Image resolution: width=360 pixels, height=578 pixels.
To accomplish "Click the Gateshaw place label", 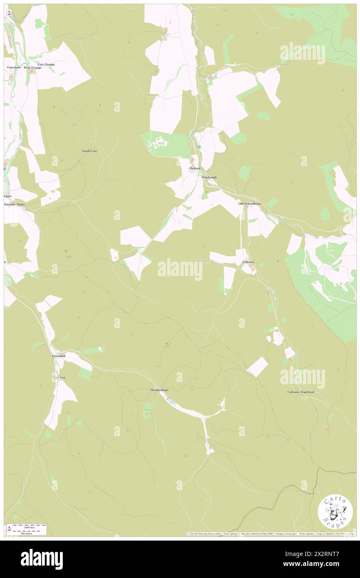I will [x=14, y=67].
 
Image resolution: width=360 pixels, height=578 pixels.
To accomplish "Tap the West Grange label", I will [x=32, y=67].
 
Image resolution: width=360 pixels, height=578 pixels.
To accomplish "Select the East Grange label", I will [x=46, y=64].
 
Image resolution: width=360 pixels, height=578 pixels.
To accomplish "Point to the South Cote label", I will [x=89, y=151].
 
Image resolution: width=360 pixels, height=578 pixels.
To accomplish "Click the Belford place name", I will [x=195, y=168].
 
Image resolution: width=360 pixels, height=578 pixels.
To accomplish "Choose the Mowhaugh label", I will [x=209, y=177].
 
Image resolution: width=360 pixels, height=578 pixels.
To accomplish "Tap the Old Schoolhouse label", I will [x=250, y=204].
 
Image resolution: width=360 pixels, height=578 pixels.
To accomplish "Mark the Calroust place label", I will [x=248, y=262].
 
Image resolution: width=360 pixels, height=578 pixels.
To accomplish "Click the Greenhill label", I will [x=59, y=356].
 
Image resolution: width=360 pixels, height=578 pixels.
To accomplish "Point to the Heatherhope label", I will [x=160, y=390].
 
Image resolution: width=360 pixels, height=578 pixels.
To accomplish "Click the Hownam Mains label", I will [x=15, y=205].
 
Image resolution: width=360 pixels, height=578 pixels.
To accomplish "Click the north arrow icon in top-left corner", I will [x=9, y=12].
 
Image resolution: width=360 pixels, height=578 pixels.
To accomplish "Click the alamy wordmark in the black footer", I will [x=42, y=559].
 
